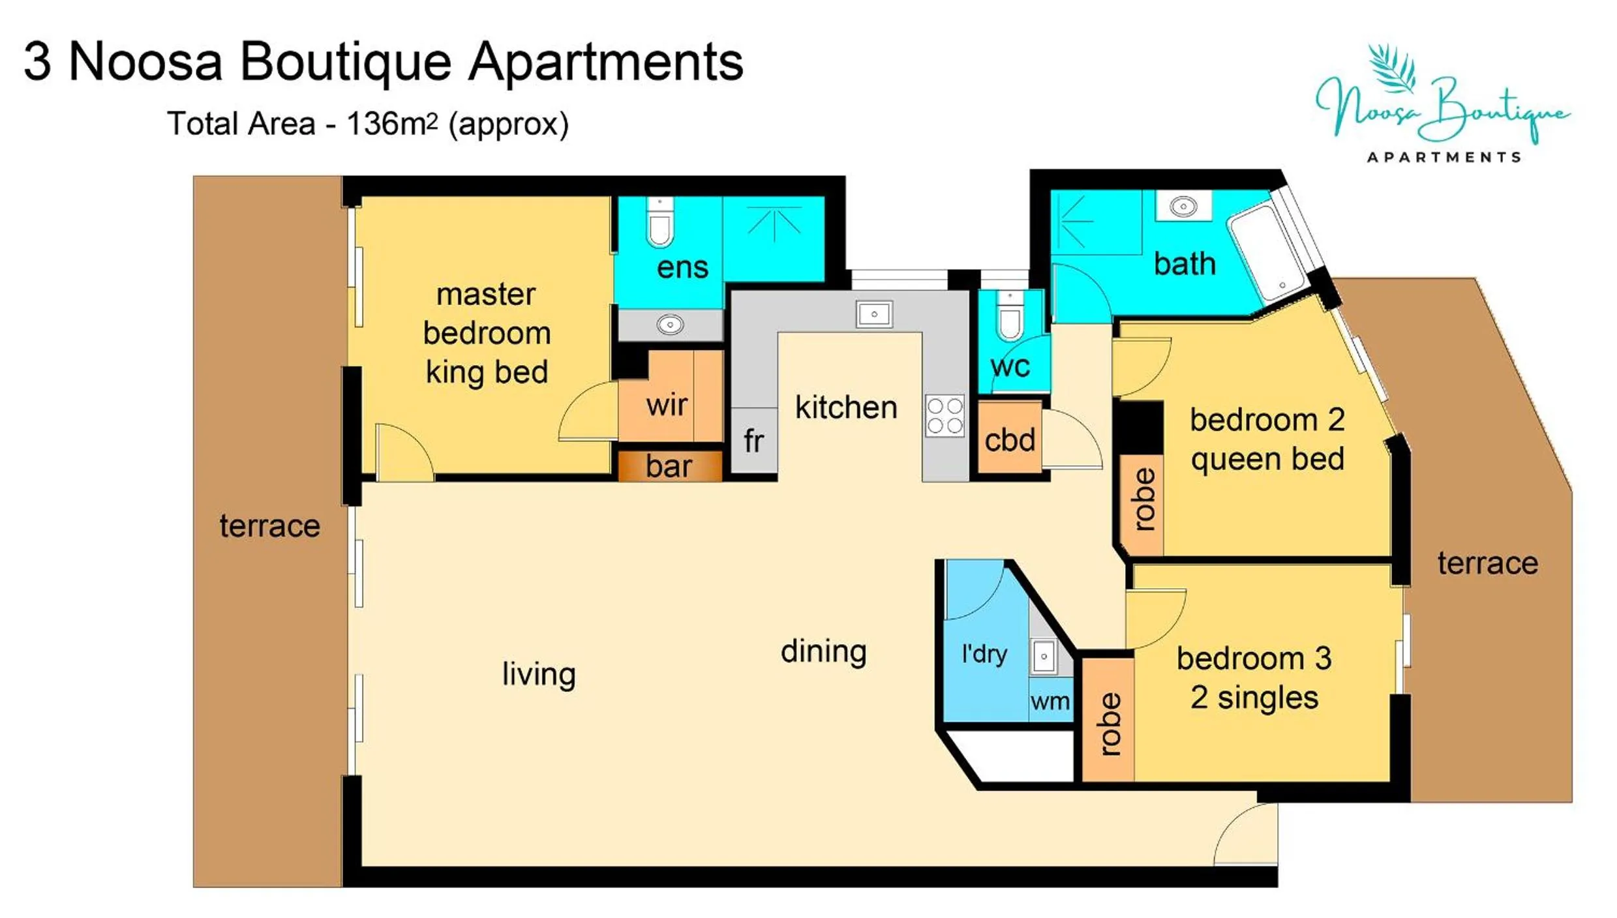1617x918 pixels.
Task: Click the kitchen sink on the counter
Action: click(x=873, y=314)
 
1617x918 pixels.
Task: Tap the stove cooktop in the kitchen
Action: click(x=945, y=416)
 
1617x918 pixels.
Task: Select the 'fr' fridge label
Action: click(x=753, y=441)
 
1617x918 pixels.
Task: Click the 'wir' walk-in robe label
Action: click(x=667, y=405)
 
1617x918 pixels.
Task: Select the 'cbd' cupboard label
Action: click(x=1009, y=440)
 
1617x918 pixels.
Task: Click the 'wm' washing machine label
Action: click(x=1050, y=702)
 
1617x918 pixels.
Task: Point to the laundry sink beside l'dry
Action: click(x=1044, y=657)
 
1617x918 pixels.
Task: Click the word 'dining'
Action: click(x=823, y=651)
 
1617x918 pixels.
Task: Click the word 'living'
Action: click(x=539, y=674)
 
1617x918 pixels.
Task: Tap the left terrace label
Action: click(x=269, y=526)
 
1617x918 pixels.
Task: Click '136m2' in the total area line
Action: click(x=391, y=124)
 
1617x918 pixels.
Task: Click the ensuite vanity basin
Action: click(x=670, y=324)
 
